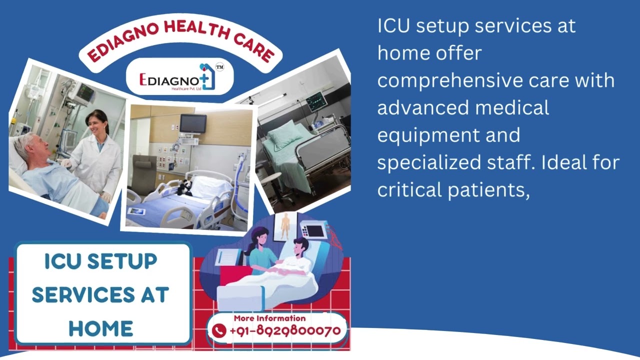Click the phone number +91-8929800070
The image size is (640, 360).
pos(285,330)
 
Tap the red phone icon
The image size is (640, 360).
pos(219,330)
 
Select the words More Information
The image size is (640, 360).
pos(269,318)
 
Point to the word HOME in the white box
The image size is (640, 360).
pos(101,328)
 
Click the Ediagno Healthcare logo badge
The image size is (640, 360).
pos(180,77)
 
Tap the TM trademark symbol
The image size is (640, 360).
pos(219,66)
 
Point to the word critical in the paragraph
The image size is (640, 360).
pos(409,189)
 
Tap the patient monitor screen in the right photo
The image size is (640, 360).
pos(316,102)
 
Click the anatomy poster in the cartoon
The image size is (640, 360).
pos(285,226)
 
